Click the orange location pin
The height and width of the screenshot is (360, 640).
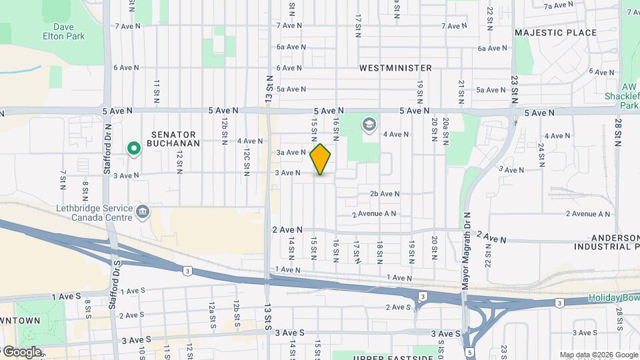click(x=320, y=159)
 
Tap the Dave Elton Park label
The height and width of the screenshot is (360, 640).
click(x=64, y=31)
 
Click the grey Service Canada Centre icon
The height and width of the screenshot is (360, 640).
click(x=143, y=212)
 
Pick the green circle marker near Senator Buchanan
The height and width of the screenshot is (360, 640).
click(x=134, y=148)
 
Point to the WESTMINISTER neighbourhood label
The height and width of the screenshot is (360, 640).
click(x=395, y=68)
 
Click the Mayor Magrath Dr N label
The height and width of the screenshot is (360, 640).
click(x=467, y=250)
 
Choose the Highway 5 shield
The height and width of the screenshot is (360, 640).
click(x=470, y=351)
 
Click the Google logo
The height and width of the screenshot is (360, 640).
click(x=22, y=352)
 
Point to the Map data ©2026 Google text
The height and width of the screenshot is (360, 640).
click(x=598, y=355)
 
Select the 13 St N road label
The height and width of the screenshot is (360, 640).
click(x=269, y=89)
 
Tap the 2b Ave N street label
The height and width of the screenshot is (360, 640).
click(x=385, y=193)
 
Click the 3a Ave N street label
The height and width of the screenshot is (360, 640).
click(x=290, y=152)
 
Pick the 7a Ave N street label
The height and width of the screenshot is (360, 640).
click(x=559, y=6)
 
